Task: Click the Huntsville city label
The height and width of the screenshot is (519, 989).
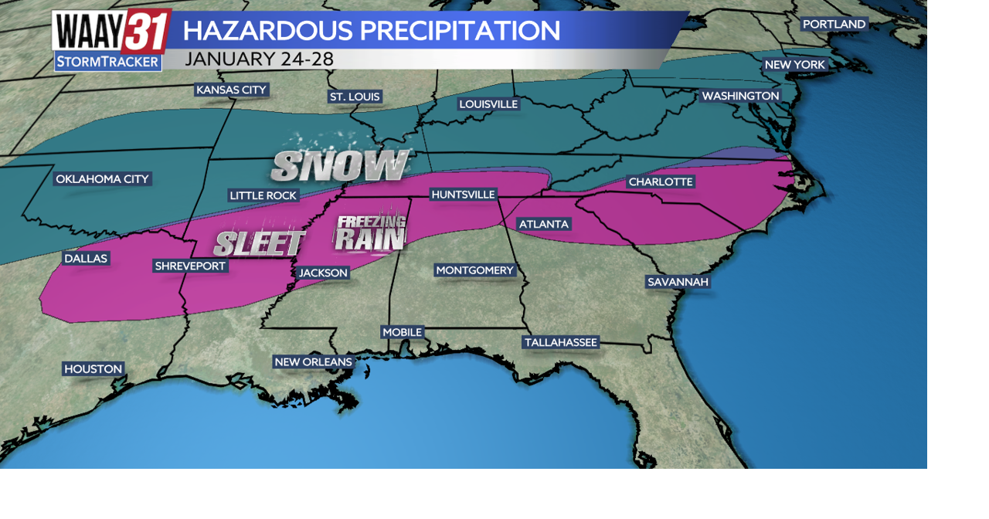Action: pyautogui.click(x=464, y=195)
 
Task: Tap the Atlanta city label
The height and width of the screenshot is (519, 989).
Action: pyautogui.click(x=544, y=224)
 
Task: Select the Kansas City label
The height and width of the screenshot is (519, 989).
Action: pyautogui.click(x=231, y=90)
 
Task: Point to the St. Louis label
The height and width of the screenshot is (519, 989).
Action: pyautogui.click(x=355, y=97)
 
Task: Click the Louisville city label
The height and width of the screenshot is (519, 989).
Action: pyautogui.click(x=488, y=103)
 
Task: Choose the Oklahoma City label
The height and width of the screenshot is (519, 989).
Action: pyautogui.click(x=102, y=179)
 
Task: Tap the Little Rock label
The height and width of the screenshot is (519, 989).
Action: pyautogui.click(x=263, y=195)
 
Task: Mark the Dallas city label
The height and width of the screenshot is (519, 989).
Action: pyautogui.click(x=86, y=258)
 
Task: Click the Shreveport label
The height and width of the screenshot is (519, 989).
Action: pyautogui.click(x=190, y=266)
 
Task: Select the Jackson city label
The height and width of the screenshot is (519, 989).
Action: pyautogui.click(x=324, y=273)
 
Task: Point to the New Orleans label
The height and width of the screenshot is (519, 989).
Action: pyautogui.click(x=314, y=361)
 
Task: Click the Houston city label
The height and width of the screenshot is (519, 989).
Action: pyautogui.click(x=93, y=369)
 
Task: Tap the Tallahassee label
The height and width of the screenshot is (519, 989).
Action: pyautogui.click(x=561, y=342)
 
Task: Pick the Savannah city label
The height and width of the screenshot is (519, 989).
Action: pyautogui.click(x=678, y=282)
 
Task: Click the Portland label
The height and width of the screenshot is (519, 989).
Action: pyautogui.click(x=834, y=24)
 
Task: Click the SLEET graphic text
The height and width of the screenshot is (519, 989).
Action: pyautogui.click(x=259, y=243)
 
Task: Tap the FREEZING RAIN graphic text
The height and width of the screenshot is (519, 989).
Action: pyautogui.click(x=370, y=233)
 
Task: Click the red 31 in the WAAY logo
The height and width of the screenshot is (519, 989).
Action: pyautogui.click(x=145, y=32)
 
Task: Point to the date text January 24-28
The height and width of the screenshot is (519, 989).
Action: pyautogui.click(x=260, y=59)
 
